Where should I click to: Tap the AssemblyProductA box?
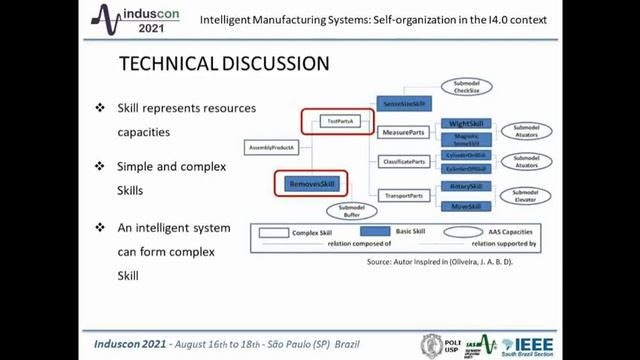[265, 148]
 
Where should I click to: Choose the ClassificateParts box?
[405, 161]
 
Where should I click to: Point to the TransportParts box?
[405, 195]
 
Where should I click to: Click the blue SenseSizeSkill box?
[405, 103]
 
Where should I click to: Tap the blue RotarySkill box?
[467, 186]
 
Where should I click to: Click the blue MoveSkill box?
[467, 206]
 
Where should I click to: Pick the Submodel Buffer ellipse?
[349, 212]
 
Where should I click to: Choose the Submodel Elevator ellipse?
[527, 196]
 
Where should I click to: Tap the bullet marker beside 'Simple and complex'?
[99, 166]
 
